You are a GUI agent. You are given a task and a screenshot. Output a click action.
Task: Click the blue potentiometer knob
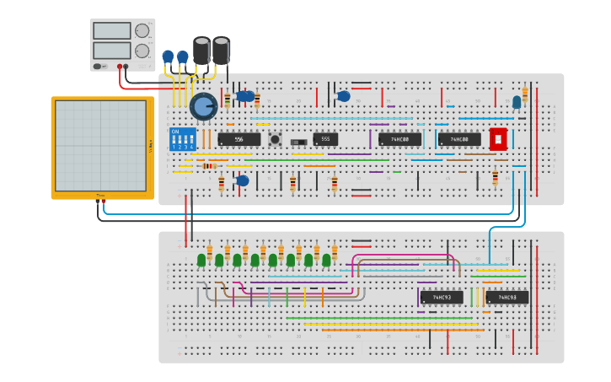coord(203,106)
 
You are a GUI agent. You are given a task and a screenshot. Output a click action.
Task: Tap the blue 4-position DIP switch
coord(182,139)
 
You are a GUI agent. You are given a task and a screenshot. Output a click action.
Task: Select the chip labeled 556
coord(239,139)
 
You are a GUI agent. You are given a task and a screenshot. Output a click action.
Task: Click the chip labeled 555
coord(325,139)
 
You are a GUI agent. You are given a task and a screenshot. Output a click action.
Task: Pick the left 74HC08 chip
coord(399,139)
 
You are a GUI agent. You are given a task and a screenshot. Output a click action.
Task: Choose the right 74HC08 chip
coord(459,139)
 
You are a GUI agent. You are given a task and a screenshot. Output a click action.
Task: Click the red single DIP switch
coord(498,139)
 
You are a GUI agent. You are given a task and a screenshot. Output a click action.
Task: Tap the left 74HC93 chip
coord(442,297)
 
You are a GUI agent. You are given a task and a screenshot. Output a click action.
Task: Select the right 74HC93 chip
coord(506,297)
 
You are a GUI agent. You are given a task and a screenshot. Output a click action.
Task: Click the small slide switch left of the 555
coord(298,142)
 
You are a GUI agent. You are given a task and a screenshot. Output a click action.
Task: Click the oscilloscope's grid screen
coord(100,146)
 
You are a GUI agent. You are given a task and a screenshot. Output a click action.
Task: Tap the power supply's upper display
coord(112,31)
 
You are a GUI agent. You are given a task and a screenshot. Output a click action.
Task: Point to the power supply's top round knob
coord(142,31)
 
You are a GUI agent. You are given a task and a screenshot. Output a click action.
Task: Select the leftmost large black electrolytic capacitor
coord(201,50)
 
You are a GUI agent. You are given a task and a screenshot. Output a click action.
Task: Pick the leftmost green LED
coord(201,260)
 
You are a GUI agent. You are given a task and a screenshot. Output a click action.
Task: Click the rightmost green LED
coord(326,260)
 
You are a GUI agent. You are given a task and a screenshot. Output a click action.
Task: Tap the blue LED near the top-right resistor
coord(517,102)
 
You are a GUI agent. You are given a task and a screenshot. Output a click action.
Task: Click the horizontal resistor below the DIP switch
coord(210,165)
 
